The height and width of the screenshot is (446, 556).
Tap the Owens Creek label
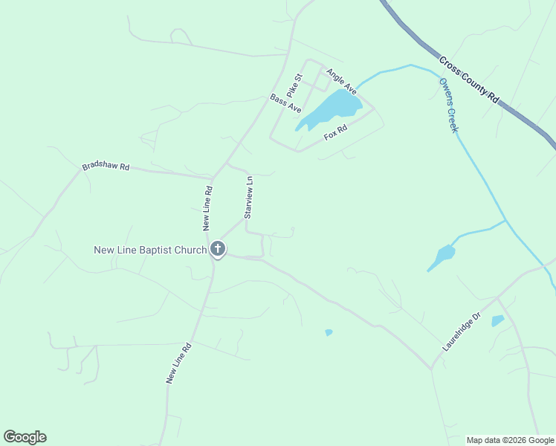point(448,105)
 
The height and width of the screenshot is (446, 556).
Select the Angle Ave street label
point(341,81)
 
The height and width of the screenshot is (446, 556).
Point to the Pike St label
point(295,87)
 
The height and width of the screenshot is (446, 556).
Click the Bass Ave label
point(285,103)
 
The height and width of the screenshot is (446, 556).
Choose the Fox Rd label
point(336,132)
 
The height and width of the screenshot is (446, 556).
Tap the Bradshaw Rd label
point(106,166)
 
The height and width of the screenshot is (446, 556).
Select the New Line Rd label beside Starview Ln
point(208,207)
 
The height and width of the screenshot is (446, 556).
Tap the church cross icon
point(217,249)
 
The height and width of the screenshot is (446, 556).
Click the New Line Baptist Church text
point(149,250)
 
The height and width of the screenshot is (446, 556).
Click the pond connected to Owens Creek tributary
point(442,256)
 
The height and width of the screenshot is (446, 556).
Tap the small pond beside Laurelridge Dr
point(497,320)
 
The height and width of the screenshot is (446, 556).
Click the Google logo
point(25,437)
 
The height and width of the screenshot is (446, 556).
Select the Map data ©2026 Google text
point(511,440)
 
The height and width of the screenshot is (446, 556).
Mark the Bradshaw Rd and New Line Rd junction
point(213,178)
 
